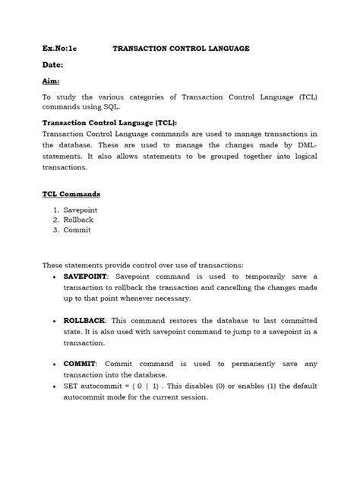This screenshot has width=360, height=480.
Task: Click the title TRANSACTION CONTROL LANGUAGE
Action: tap(181, 48)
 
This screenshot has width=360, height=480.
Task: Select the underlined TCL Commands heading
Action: tap(71, 194)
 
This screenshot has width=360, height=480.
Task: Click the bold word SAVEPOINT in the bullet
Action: tap(85, 276)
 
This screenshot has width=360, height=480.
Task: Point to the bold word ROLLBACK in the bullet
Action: tap(84, 320)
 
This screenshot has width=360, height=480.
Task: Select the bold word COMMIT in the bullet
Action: tap(80, 364)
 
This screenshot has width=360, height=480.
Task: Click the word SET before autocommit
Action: tap(71, 387)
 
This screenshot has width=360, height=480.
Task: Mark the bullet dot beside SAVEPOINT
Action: tap(52, 276)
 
